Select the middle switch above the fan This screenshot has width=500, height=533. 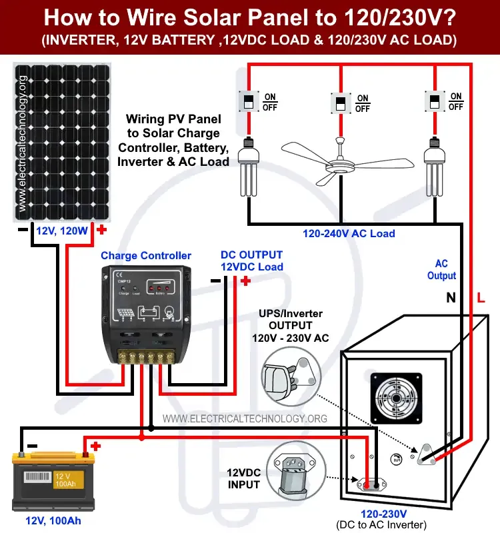pos(341,103)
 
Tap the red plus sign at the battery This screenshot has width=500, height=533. pos(95,446)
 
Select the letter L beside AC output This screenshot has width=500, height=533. pos(480,299)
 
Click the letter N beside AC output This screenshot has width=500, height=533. pos(451,299)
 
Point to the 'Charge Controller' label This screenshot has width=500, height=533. pos(146,256)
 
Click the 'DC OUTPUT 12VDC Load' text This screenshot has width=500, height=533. pos(252,261)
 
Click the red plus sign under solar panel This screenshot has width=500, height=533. pos(102,230)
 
